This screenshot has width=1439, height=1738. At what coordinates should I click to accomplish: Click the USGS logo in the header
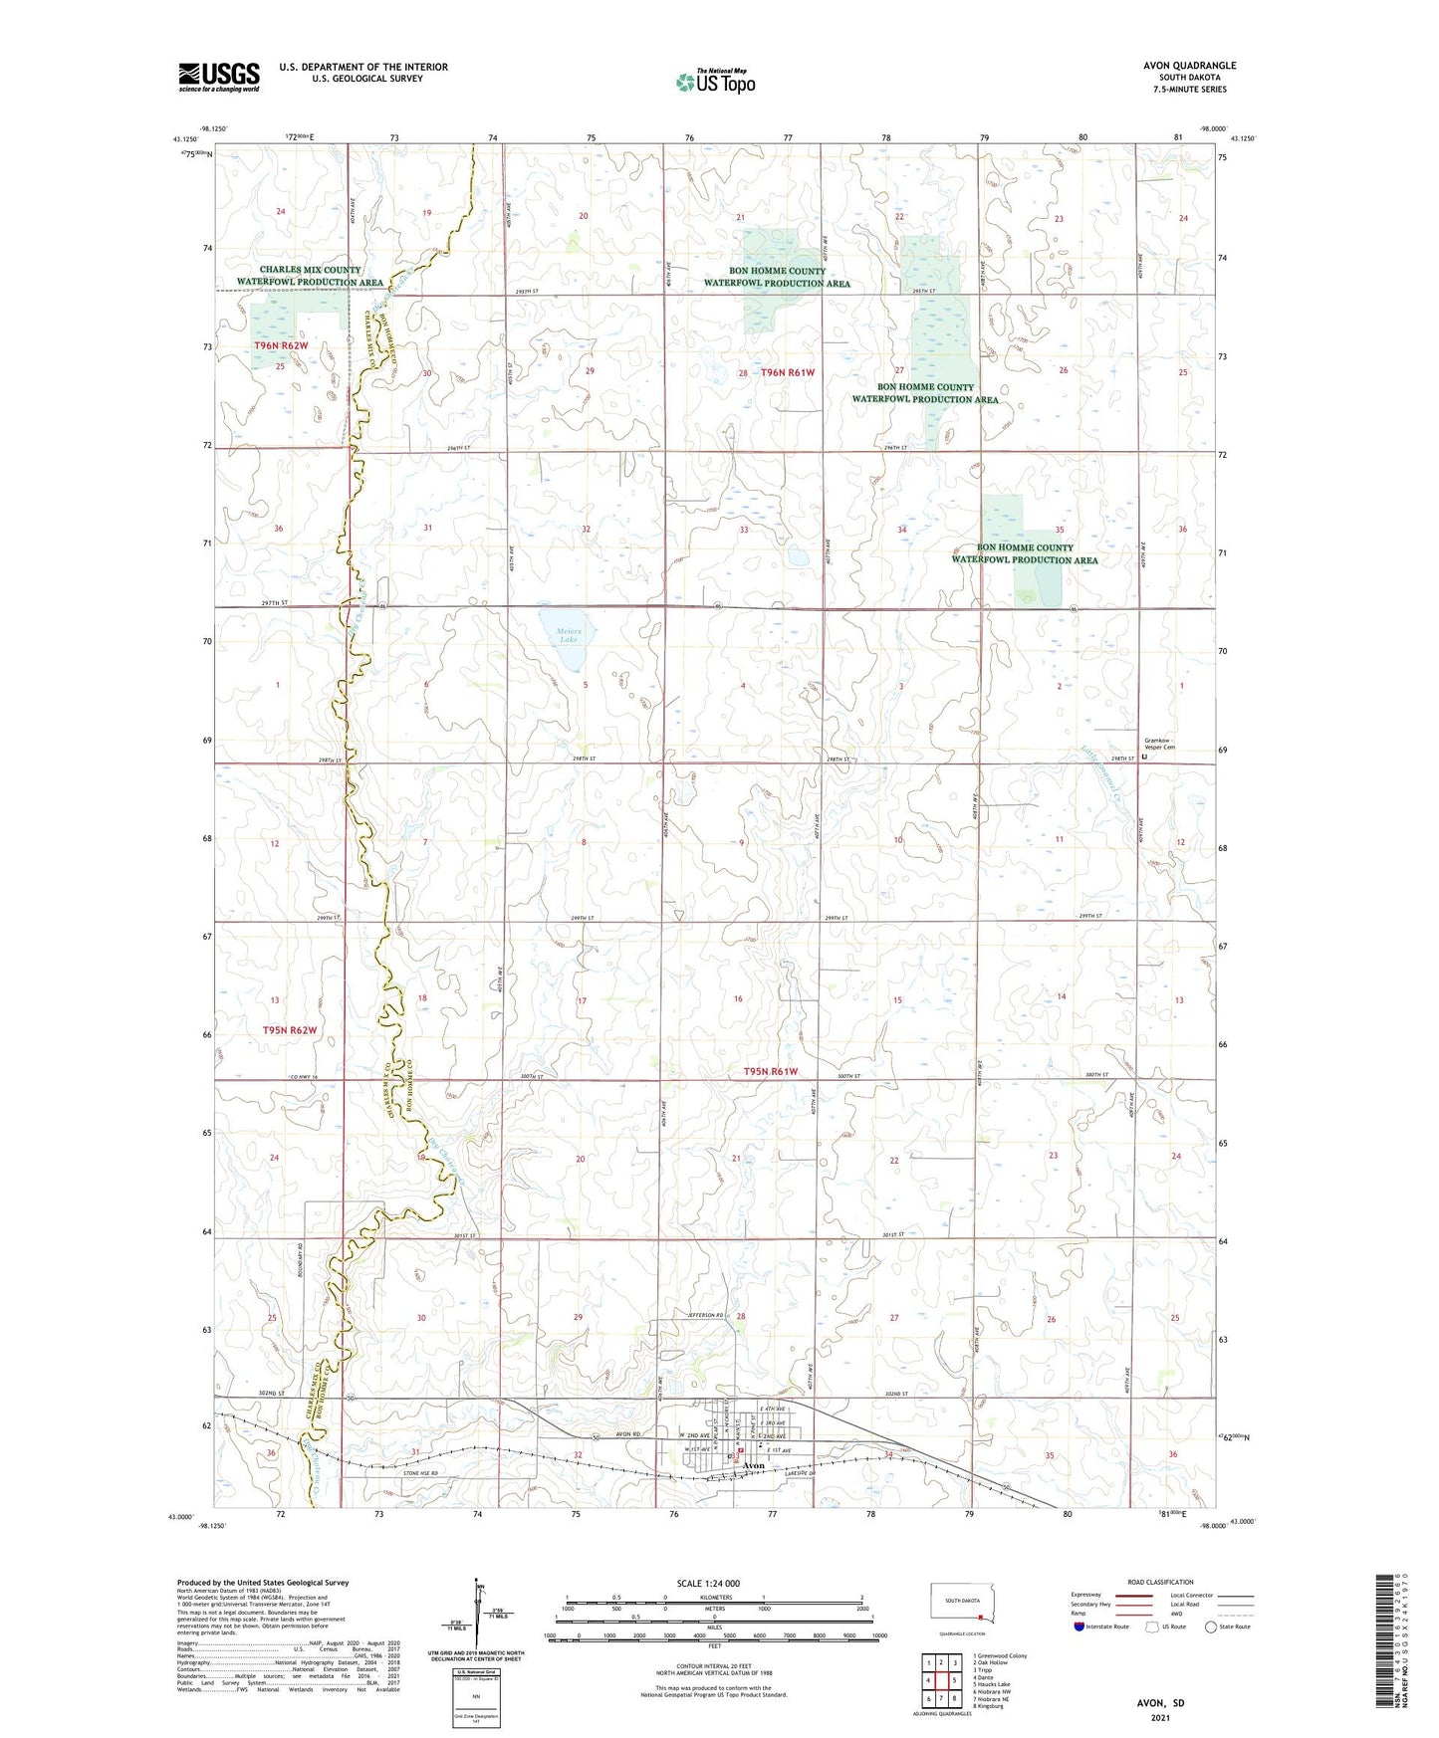[218, 77]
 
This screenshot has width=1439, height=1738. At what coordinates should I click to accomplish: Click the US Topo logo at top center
[714, 83]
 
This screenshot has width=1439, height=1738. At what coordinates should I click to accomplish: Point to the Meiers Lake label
[568, 635]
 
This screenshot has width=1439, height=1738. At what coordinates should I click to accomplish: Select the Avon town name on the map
[754, 1466]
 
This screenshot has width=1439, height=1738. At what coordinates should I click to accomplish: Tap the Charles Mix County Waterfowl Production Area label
[310, 276]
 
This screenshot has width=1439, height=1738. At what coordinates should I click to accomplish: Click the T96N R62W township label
[281, 345]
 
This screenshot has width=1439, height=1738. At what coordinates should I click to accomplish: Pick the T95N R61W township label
[771, 1071]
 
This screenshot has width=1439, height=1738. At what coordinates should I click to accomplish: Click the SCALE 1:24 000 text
[708, 1583]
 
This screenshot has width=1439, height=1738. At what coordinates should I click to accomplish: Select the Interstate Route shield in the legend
[1080, 1627]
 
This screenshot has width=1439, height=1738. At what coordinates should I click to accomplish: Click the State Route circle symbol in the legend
[1210, 1627]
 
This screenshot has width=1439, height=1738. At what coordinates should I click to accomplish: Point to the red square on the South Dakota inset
[981, 1616]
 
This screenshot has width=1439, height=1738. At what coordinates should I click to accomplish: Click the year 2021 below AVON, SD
[1159, 1716]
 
